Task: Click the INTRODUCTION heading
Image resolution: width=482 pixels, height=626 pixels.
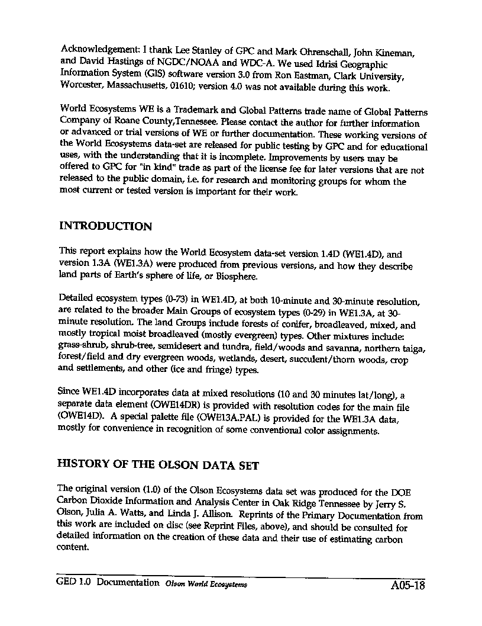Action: (106, 226)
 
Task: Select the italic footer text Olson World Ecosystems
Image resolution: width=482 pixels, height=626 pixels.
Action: (206, 584)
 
